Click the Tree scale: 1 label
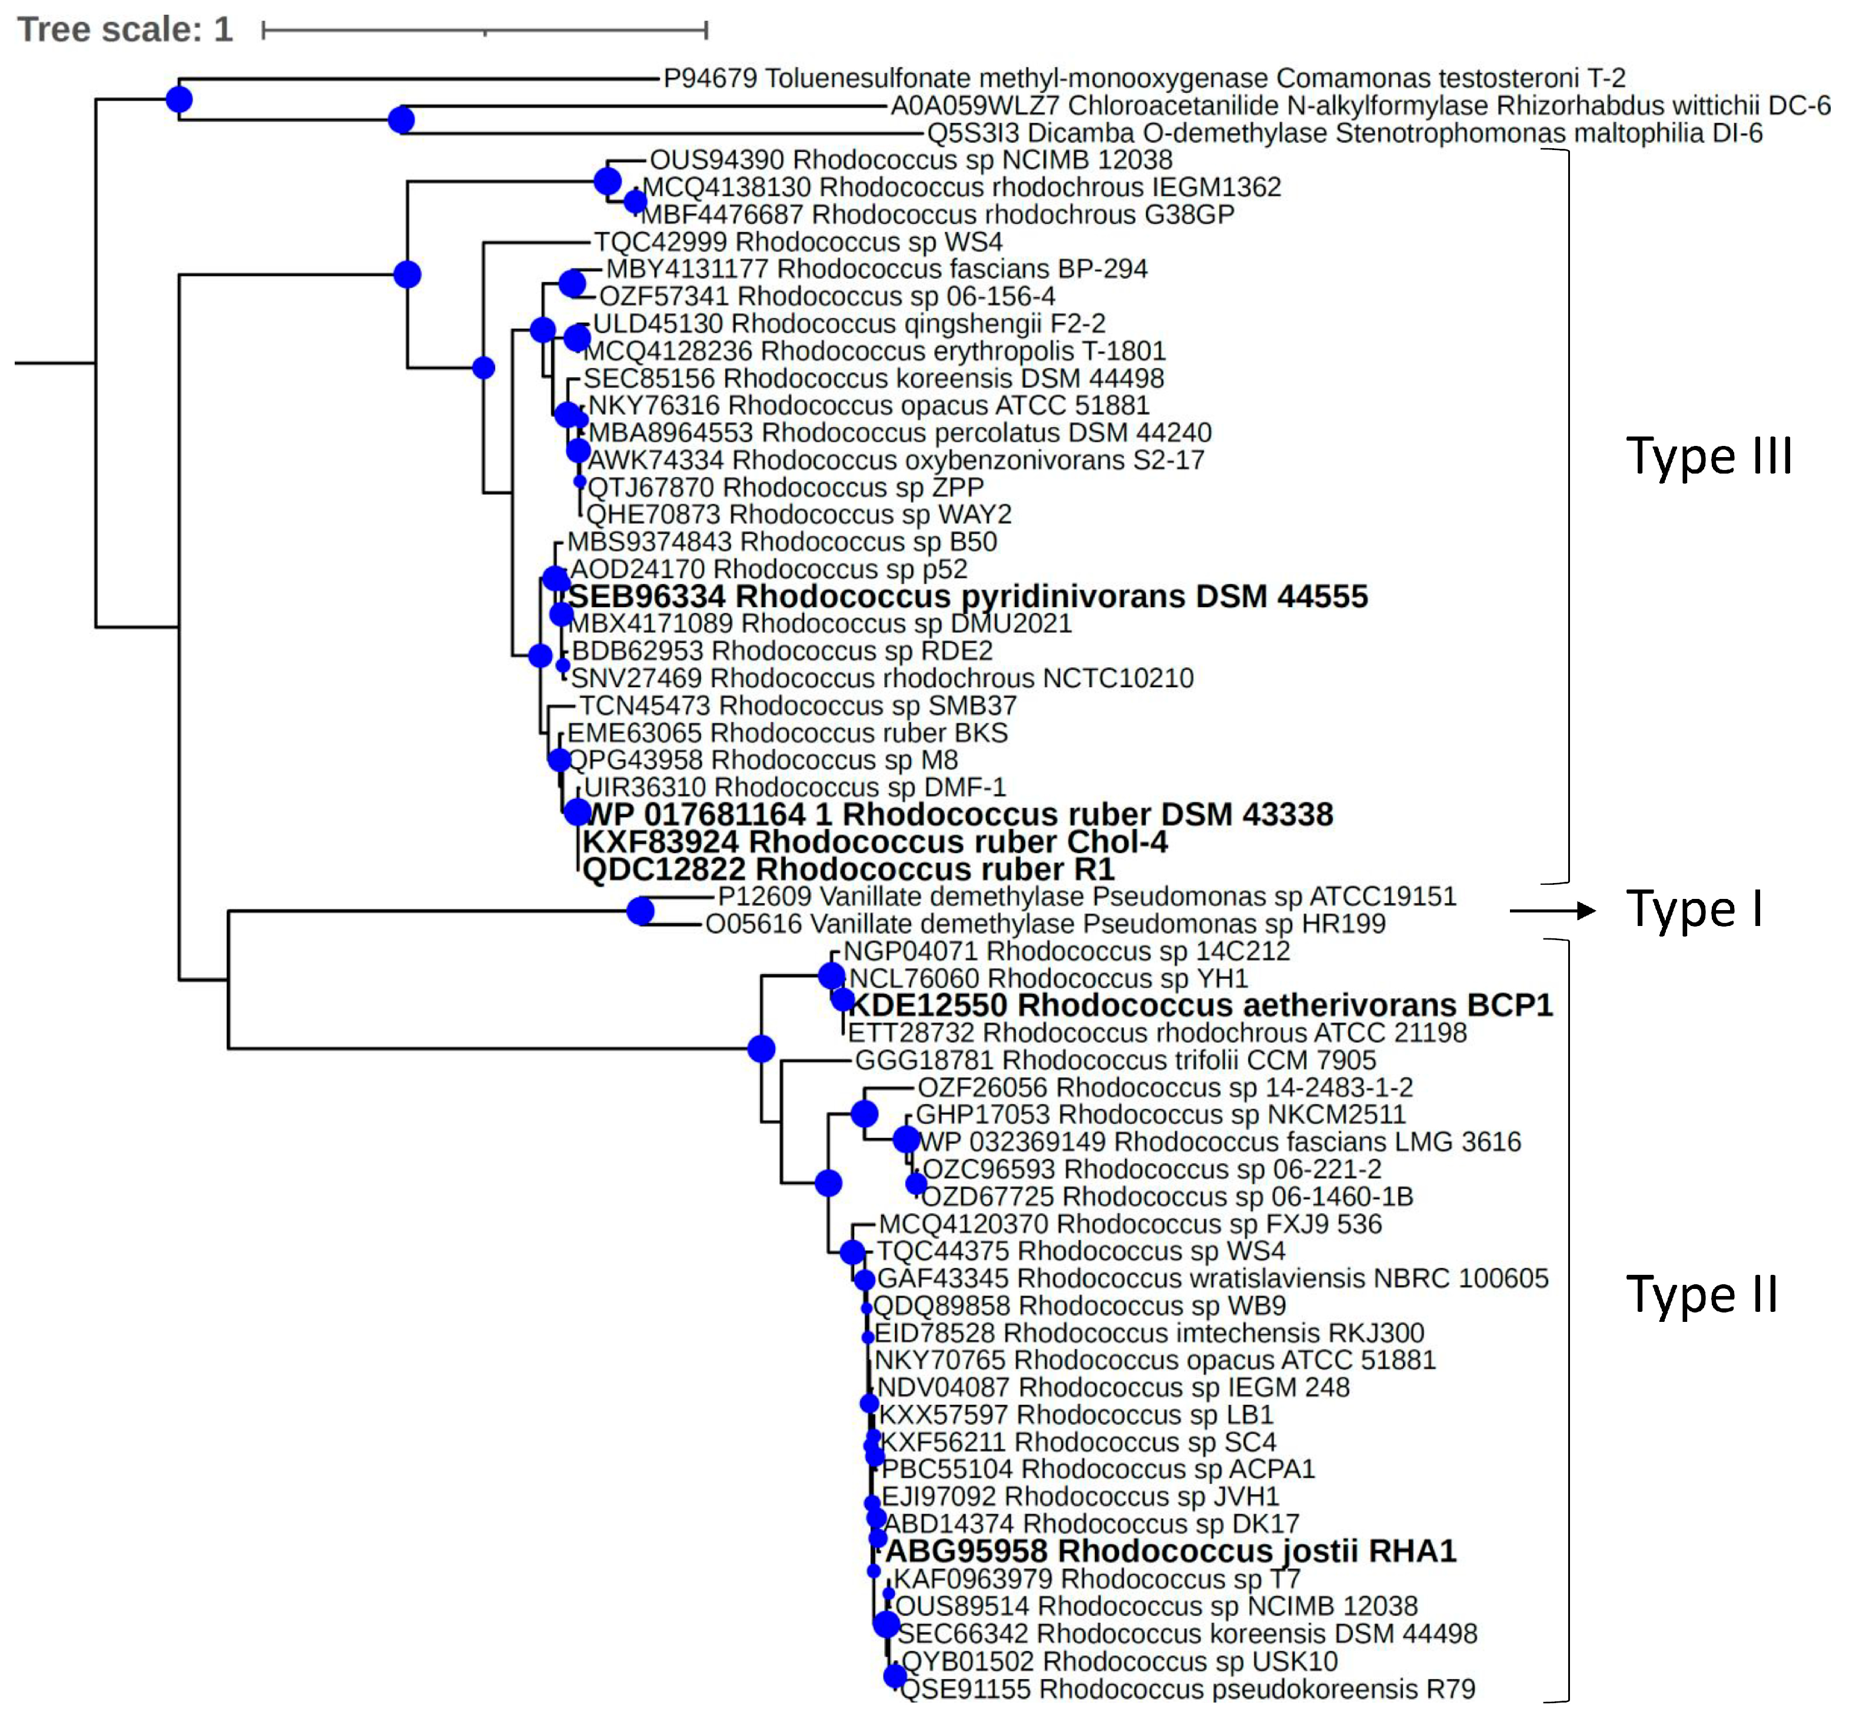[125, 30]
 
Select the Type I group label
[1694, 910]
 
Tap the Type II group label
[1701, 1295]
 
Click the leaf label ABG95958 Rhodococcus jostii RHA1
[1170, 1551]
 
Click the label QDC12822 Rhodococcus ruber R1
[847, 870]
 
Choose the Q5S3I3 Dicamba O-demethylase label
[1344, 133]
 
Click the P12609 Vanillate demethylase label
[1086, 896]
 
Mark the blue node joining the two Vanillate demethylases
[640, 911]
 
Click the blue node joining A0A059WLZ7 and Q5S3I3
[401, 120]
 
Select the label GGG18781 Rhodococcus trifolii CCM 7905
[1115, 1060]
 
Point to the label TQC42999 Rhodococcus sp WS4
[798, 242]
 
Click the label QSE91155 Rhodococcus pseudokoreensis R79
[1188, 1688]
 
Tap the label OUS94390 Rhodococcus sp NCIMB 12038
[911, 160]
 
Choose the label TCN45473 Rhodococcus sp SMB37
[798, 705]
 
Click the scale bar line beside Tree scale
[484, 31]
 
